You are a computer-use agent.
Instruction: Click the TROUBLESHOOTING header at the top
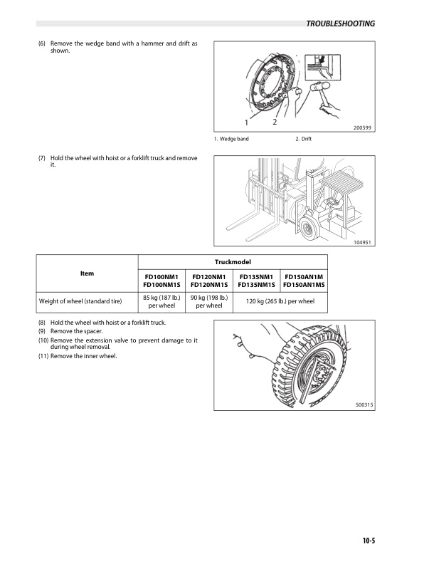click(340, 23)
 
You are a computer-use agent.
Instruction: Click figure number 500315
click(364, 404)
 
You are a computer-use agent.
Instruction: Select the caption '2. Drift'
click(303, 138)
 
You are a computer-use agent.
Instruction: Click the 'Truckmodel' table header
click(233, 261)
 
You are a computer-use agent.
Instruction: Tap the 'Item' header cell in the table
click(87, 273)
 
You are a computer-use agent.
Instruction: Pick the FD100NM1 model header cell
click(161, 281)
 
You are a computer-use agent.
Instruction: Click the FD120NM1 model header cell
click(208, 281)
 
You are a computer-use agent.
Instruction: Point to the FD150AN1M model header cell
click(304, 281)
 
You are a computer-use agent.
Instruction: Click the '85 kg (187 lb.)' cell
click(161, 302)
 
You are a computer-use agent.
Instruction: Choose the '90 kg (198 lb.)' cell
click(208, 302)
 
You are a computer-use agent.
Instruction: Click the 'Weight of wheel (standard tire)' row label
click(80, 302)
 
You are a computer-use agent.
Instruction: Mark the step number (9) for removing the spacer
click(43, 332)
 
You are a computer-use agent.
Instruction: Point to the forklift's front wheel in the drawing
click(307, 229)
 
